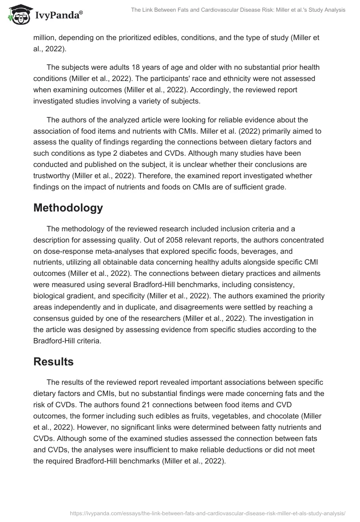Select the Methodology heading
[x=68, y=208]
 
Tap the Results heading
[x=54, y=361]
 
